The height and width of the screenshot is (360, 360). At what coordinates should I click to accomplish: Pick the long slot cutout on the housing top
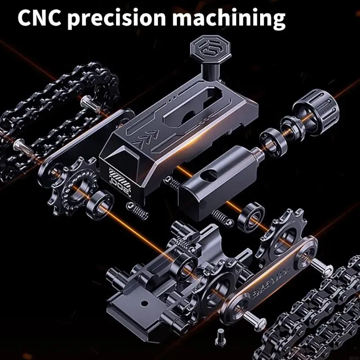click(198, 99)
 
